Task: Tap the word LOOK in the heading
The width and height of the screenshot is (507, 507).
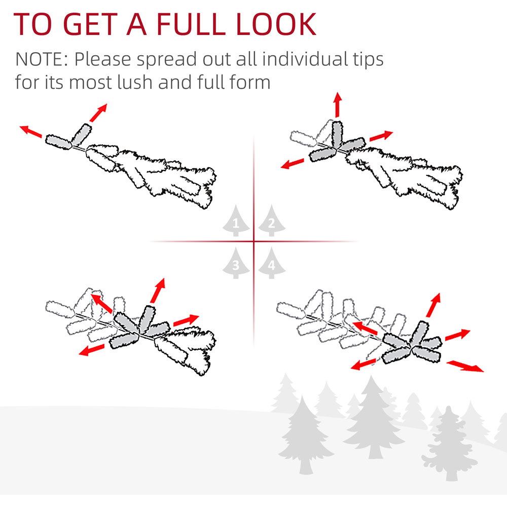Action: click(276, 24)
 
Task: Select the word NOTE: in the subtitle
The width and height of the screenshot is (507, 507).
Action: click(42, 59)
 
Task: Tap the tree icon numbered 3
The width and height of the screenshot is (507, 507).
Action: click(236, 263)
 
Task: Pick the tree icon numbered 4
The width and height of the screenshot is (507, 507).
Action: click(272, 263)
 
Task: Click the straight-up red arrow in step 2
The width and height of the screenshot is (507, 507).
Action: click(338, 104)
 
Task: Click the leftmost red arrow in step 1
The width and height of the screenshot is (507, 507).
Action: click(31, 131)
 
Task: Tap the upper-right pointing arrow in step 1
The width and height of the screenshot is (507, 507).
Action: click(98, 113)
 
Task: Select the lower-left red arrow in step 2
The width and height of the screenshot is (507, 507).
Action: click(293, 164)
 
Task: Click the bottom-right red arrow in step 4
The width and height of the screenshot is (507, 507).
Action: click(465, 367)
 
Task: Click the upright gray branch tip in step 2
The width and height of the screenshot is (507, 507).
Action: click(337, 135)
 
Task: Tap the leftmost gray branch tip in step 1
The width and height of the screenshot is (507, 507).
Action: click(58, 142)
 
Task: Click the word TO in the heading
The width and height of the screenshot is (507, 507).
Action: click(32, 24)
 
